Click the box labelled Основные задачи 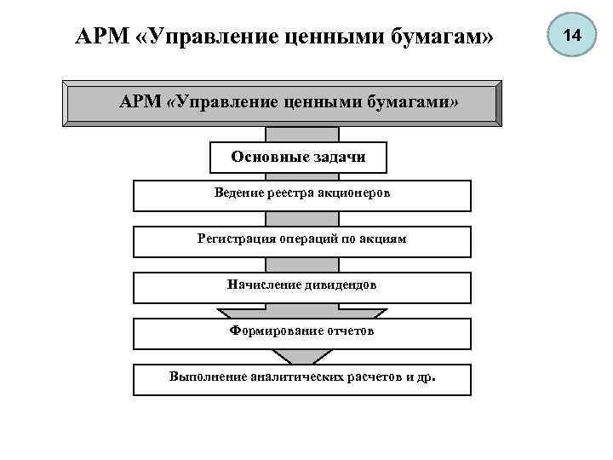(299, 157)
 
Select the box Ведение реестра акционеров (302, 195)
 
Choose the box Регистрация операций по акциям (302, 241)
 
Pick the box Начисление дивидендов (302, 287)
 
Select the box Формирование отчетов (302, 333)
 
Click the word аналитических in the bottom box (293, 377)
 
